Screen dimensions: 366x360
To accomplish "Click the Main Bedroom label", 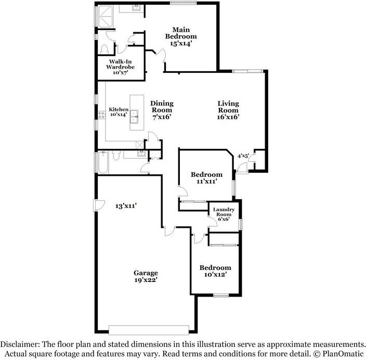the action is (181, 37).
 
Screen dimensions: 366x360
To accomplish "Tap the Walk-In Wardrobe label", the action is (120, 67).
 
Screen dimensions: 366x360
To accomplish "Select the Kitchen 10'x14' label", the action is (119, 112).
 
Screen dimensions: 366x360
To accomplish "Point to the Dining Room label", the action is (162, 110).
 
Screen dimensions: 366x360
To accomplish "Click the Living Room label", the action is (228, 110).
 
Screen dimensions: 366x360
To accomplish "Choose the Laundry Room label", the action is (224, 214).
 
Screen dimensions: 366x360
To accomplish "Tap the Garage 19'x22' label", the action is (146, 276).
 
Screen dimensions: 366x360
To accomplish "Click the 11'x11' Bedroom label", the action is (206, 178).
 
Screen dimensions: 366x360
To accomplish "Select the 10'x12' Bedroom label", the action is (215, 271).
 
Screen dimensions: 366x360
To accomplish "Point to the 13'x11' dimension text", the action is (126, 206).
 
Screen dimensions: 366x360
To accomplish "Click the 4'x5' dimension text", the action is (243, 156).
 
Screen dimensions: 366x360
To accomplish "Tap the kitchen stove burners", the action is (101, 114).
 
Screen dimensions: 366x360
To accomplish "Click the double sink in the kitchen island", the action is (134, 117).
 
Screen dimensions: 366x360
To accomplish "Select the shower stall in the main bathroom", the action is (106, 16).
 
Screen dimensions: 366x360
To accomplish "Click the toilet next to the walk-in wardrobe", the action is (104, 49).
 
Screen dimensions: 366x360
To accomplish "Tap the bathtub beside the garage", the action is (103, 163).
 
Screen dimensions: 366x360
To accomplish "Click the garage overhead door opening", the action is (149, 330).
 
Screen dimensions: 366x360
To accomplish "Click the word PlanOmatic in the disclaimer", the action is (343, 353).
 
